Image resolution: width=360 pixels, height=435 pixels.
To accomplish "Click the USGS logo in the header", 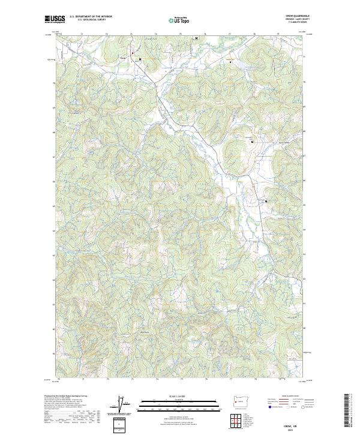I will click(x=55, y=20).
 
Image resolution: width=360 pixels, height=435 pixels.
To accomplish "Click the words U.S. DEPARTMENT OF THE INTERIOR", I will click(x=91, y=17).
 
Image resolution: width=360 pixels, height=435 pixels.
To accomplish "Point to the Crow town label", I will click(x=124, y=58).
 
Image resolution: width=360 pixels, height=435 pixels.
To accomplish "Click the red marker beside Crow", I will click(x=133, y=53).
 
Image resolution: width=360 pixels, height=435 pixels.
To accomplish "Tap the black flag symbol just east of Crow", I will click(x=140, y=59).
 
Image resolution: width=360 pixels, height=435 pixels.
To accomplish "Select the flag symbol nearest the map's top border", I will click(x=196, y=38).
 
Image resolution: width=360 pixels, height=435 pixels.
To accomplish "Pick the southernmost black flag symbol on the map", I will click(x=265, y=201).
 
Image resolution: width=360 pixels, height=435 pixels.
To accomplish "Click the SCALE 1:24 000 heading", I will click(x=180, y=395).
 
